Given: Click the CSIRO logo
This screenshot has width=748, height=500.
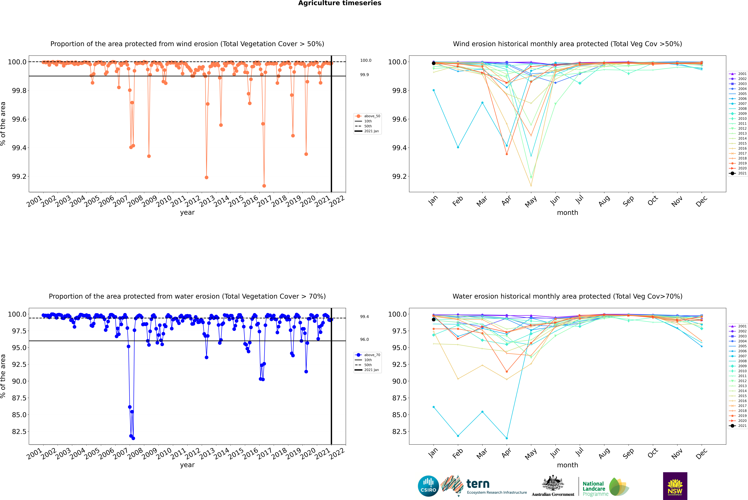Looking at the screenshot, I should click(428, 486).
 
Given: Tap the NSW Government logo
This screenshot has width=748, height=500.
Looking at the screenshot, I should click(675, 486).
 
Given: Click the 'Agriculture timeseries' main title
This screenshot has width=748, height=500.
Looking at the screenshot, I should click(340, 3).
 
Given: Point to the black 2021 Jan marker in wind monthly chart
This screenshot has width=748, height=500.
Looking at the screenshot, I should click(434, 63).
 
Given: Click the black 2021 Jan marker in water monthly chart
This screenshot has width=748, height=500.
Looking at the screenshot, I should click(434, 319).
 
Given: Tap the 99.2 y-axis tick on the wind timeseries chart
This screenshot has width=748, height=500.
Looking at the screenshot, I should click(19, 176).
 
